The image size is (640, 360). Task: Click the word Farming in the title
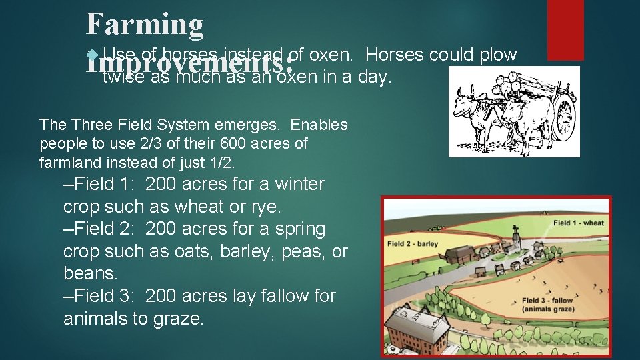click(145, 25)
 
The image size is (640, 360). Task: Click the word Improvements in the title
click(190, 65)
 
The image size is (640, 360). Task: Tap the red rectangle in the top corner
click(565, 21)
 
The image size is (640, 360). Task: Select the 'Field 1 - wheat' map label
click(578, 223)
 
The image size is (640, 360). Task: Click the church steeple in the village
click(515, 235)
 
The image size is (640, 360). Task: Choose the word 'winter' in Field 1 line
click(299, 184)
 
